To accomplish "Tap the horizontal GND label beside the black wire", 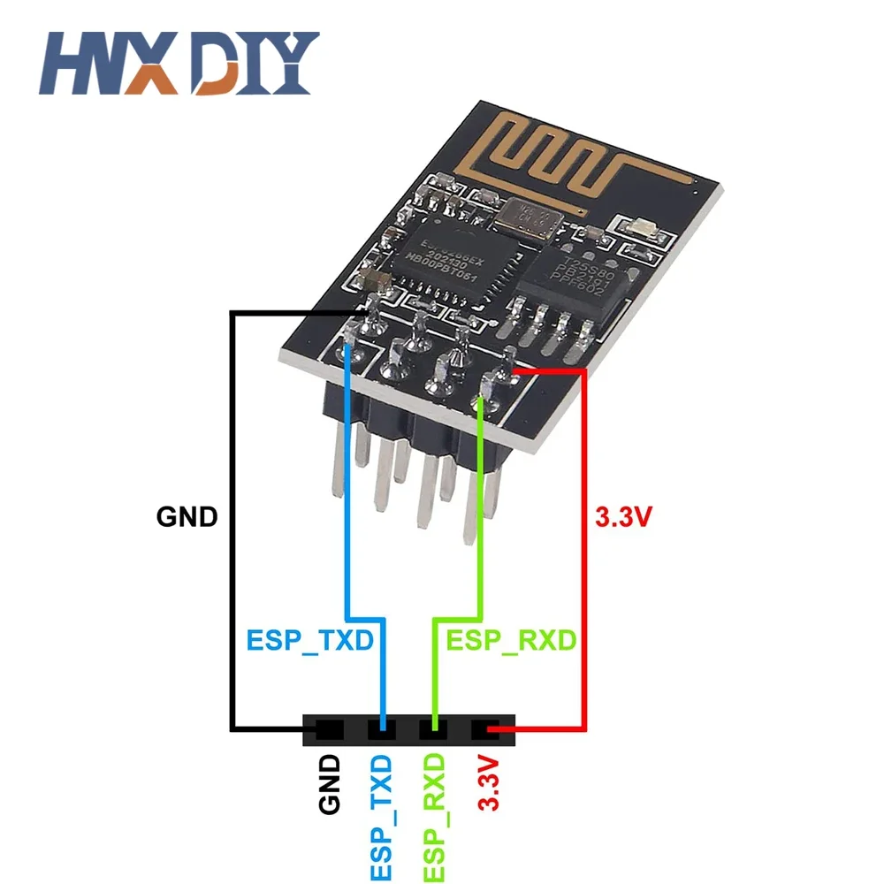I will point(187,516).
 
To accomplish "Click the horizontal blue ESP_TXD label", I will point(309,640).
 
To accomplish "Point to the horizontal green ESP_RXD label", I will point(511,640).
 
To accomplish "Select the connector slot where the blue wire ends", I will point(382,730).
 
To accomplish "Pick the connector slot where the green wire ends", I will point(434,730).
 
